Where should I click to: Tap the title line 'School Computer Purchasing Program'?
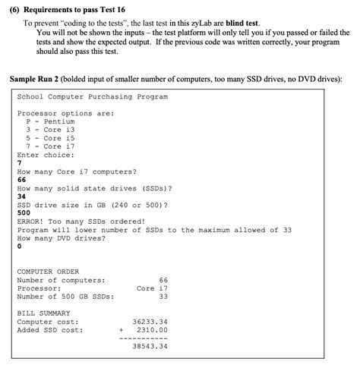(x=92, y=97)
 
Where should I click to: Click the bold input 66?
(x=21, y=179)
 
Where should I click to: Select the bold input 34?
(x=21, y=196)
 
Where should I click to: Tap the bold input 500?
(x=24, y=212)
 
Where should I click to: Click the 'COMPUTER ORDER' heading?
(x=47, y=271)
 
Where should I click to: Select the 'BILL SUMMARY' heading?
(x=43, y=313)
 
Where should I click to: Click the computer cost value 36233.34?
(x=150, y=321)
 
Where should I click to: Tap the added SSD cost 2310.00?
(x=152, y=329)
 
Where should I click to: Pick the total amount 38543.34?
(x=150, y=346)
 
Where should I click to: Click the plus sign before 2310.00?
(x=120, y=329)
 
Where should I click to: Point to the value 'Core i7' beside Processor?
(x=152, y=288)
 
